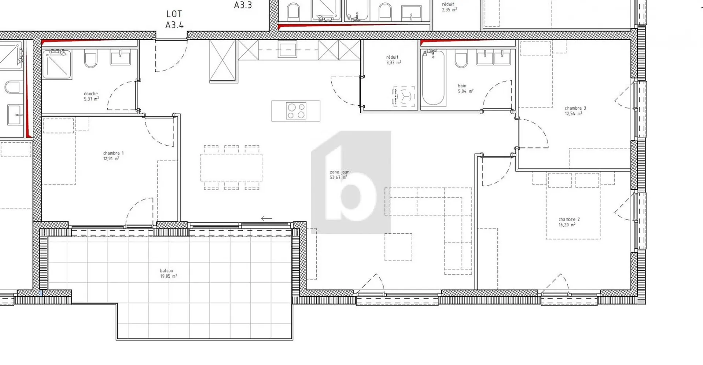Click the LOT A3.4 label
pyautogui.click(x=174, y=19)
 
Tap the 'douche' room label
pyautogui.click(x=91, y=94)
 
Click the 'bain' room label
pyautogui.click(x=462, y=86)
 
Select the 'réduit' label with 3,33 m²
pyautogui.click(x=392, y=57)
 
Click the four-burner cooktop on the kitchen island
pyautogui.click(x=296, y=111)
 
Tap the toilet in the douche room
pyautogui.click(x=91, y=59)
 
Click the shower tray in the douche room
pyautogui.click(x=57, y=64)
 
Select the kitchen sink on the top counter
pyautogui.click(x=287, y=49)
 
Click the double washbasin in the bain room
pyautogui.click(x=494, y=58)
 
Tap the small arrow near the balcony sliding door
pyautogui.click(x=267, y=219)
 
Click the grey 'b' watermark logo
pyautogui.click(x=351, y=182)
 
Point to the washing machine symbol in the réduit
pyautogui.click(x=404, y=96)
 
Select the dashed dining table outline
pyautogui.click(x=231, y=168)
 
